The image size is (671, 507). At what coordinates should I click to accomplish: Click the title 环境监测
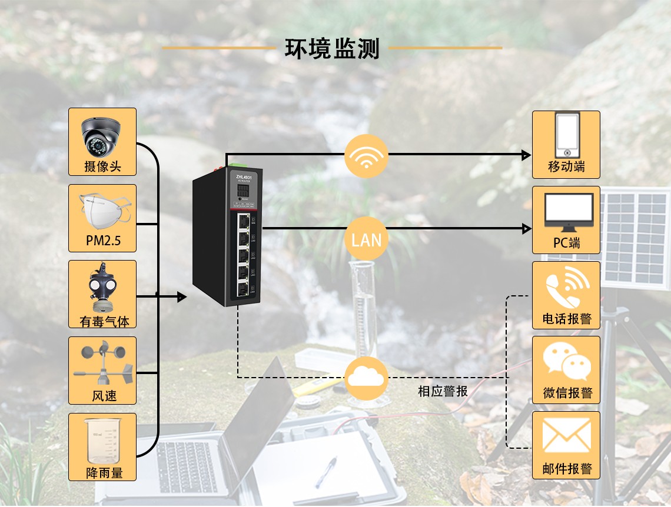(332, 48)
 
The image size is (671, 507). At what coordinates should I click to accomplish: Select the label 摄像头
(102, 166)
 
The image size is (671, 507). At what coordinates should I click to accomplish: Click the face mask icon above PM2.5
(102, 211)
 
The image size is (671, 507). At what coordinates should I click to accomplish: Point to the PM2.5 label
(102, 242)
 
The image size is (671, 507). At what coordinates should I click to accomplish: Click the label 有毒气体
(104, 321)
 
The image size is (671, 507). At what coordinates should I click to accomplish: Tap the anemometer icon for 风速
(103, 362)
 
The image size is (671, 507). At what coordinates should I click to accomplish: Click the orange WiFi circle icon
(366, 156)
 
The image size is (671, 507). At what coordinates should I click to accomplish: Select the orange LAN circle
(366, 239)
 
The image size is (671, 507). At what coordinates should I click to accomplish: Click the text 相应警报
(443, 391)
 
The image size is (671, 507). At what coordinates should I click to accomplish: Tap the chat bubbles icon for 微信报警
(567, 361)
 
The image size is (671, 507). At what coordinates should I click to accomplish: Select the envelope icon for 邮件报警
(566, 436)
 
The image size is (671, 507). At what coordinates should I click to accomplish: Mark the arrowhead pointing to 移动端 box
(526, 155)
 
